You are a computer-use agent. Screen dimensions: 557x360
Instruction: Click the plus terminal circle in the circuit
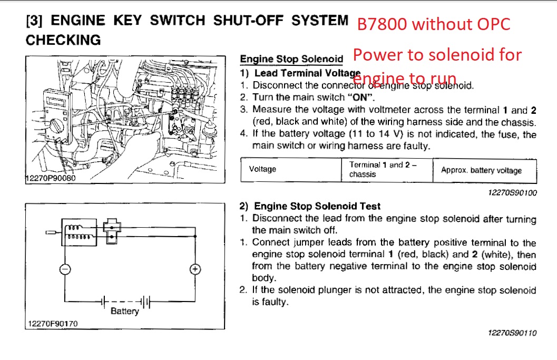point(195,269)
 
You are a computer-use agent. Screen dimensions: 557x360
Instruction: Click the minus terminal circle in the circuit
point(65,269)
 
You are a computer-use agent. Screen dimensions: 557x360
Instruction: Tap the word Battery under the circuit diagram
point(125,312)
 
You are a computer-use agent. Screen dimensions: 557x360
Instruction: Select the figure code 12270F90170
point(53,324)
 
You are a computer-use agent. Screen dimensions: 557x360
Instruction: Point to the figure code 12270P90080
point(51,178)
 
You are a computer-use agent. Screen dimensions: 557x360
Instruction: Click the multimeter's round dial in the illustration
point(56,126)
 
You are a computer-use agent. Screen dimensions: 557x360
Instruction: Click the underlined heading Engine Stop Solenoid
point(291,59)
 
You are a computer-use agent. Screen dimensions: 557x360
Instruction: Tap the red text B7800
point(382,24)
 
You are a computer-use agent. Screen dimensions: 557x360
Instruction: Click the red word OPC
point(493,24)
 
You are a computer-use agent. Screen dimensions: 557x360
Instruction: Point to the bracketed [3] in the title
point(34,21)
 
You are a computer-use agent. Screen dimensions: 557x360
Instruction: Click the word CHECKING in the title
point(63,40)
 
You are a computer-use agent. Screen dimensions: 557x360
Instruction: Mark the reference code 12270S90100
point(513,192)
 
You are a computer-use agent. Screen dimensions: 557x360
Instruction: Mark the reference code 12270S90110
point(513,333)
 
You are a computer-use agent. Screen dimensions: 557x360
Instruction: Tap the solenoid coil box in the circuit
point(79,232)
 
